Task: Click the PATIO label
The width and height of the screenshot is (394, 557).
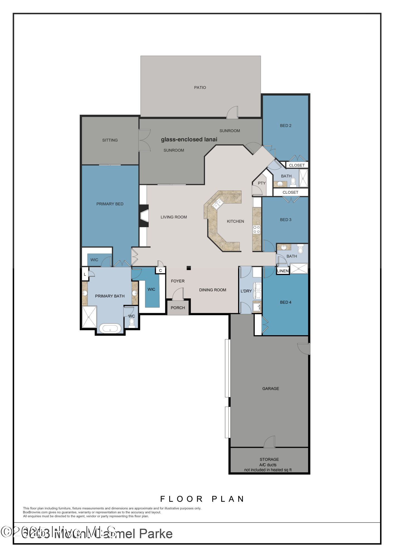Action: (200, 87)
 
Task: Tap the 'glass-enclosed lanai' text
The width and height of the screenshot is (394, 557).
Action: (189, 140)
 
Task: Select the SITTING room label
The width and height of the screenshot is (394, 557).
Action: (110, 140)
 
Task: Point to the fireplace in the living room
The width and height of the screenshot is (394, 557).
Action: (144, 216)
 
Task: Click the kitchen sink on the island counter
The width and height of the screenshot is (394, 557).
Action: (218, 204)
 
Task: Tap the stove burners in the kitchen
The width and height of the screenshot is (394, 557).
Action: (257, 229)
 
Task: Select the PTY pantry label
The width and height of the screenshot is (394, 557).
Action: (262, 183)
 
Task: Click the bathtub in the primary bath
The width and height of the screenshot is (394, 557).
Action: (110, 329)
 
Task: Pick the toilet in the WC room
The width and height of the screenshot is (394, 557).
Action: (132, 323)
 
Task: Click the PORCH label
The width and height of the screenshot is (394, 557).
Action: (178, 308)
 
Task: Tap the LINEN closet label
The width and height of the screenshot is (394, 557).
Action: (283, 271)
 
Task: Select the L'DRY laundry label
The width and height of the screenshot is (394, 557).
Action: (246, 291)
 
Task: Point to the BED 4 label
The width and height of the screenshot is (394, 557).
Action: (286, 302)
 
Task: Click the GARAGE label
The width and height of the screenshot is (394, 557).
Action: (270, 388)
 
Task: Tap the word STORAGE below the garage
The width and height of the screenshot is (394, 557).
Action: (269, 459)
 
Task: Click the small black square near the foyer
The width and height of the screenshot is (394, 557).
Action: (189, 268)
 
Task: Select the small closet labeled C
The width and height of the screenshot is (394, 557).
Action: (160, 270)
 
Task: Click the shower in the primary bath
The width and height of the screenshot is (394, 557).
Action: (90, 317)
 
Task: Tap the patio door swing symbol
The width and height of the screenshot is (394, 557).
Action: (232, 113)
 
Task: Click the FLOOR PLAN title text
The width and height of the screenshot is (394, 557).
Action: (202, 499)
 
